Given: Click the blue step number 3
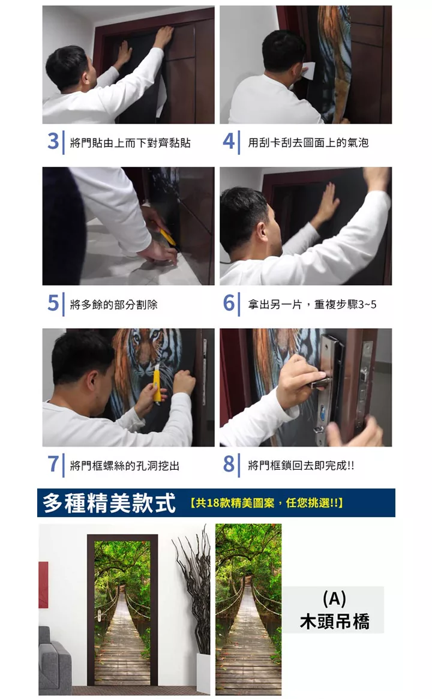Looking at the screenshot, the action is [x=53, y=142].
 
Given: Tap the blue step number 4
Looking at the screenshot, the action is [x=228, y=142].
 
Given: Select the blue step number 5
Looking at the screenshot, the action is [x=53, y=303].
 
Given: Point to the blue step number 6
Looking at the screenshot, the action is [x=229, y=303].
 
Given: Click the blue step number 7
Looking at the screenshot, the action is [x=53, y=464].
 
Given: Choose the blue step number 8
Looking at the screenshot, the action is [x=229, y=464].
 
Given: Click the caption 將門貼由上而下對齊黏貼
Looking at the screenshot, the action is [x=130, y=143].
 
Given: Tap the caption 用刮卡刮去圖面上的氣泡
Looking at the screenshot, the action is [x=308, y=143].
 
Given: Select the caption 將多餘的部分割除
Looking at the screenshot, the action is [x=113, y=304].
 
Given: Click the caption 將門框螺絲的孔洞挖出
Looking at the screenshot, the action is [x=125, y=466].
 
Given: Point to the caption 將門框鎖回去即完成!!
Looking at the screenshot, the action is [x=301, y=466].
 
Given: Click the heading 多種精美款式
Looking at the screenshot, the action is [x=109, y=503].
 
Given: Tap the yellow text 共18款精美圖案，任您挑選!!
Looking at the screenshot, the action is [x=266, y=503].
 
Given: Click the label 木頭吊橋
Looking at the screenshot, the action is [x=334, y=621].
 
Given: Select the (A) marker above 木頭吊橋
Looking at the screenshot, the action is [x=334, y=599].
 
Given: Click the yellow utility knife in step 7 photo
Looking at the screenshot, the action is [x=157, y=383].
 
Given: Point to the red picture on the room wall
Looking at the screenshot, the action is [x=43, y=584].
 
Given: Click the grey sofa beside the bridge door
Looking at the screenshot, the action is [x=55, y=661].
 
